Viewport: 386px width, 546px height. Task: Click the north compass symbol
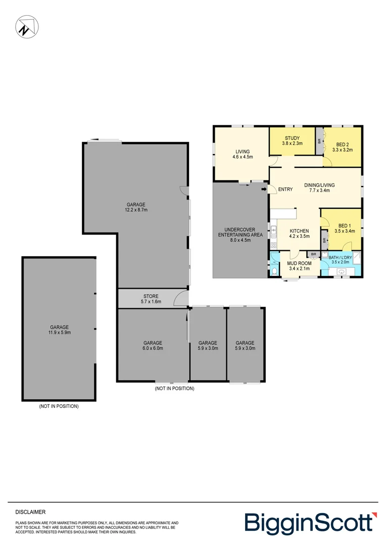pyautogui.click(x=26, y=26)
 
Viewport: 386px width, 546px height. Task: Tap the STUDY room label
pyautogui.click(x=292, y=138)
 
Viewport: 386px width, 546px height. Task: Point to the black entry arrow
pyautogui.click(x=264, y=190)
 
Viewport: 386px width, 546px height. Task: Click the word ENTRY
pyautogui.click(x=285, y=190)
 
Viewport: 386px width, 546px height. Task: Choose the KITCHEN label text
pyautogui.click(x=299, y=231)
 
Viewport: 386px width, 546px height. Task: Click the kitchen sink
pyautogui.click(x=273, y=233)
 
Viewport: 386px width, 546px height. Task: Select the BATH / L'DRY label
pyautogui.click(x=340, y=258)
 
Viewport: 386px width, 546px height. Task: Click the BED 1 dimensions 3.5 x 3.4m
pyautogui.click(x=345, y=231)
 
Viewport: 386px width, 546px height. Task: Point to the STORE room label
pyautogui.click(x=151, y=296)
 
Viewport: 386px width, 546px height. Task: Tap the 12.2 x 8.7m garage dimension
pyautogui.click(x=136, y=209)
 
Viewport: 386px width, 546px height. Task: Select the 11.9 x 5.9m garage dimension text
pyautogui.click(x=59, y=333)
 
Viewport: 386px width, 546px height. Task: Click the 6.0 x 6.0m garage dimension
pyautogui.click(x=152, y=348)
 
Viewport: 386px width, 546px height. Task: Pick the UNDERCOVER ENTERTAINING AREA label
pyautogui.click(x=240, y=235)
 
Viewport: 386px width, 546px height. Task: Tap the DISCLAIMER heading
pyautogui.click(x=30, y=512)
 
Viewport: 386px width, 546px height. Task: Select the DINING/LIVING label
pyautogui.click(x=319, y=185)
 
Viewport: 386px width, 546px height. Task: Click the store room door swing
pyautogui.click(x=180, y=300)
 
